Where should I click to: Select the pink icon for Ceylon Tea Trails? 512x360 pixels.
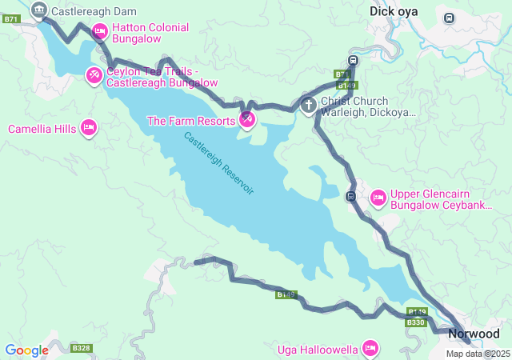pyautogui.click(x=94, y=75)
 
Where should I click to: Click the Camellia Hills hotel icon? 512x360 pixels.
pyautogui.click(x=89, y=128)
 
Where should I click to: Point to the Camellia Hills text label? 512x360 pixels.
pyautogui.click(x=42, y=129)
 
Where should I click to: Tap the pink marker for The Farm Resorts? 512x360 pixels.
pyautogui.click(x=247, y=120)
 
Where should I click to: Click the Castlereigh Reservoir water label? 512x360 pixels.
pyautogui.click(x=218, y=164)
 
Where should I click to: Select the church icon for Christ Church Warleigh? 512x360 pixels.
pyautogui.click(x=309, y=105)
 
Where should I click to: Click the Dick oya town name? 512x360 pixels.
pyautogui.click(x=394, y=11)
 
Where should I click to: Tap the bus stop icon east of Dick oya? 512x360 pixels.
pyautogui.click(x=449, y=18)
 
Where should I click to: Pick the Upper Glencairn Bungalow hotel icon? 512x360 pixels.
pyautogui.click(x=378, y=197)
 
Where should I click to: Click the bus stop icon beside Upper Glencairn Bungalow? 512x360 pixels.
pyautogui.click(x=350, y=196)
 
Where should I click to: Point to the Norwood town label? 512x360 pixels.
pyautogui.click(x=474, y=334)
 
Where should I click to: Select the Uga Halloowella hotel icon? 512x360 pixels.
pyautogui.click(x=370, y=348)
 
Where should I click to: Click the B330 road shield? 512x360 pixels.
pyautogui.click(x=416, y=322)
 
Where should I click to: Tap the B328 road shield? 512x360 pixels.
pyautogui.click(x=81, y=348)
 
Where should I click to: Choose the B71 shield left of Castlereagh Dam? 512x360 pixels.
pyautogui.click(x=10, y=18)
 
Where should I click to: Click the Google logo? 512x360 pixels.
pyautogui.click(x=26, y=350)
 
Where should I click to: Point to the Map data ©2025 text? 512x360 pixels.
pyautogui.click(x=478, y=354)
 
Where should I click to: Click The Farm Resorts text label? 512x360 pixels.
pyautogui.click(x=190, y=121)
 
